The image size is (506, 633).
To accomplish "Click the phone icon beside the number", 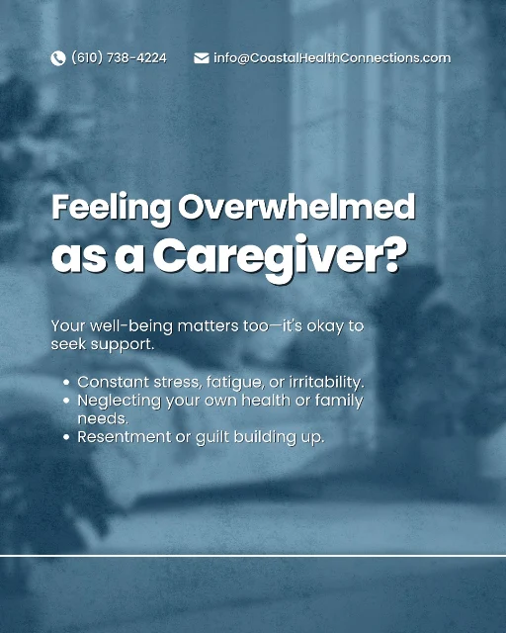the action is pyautogui.click(x=58, y=58).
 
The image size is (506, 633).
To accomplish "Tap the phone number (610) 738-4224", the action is pyautogui.click(x=119, y=58).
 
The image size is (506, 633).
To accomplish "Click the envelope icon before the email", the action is pyautogui.click(x=202, y=58).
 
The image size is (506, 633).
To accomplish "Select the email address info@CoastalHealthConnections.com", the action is pyautogui.click(x=332, y=58).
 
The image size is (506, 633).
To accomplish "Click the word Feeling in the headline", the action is pyautogui.click(x=111, y=208).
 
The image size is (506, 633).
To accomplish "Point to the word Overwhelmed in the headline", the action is pyautogui.click(x=297, y=207).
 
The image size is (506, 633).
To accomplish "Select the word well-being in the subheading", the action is pyautogui.click(x=131, y=326).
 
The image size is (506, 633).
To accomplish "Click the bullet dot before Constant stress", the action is pyautogui.click(x=66, y=383).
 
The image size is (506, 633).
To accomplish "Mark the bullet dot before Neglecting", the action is pyautogui.click(x=66, y=401).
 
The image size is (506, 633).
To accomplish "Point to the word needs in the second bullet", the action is pyautogui.click(x=103, y=419).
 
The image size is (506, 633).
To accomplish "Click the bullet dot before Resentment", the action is pyautogui.click(x=66, y=437).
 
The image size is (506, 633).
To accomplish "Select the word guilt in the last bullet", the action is pyautogui.click(x=212, y=437).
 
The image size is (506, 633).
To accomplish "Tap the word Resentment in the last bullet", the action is pyautogui.click(x=125, y=437).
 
